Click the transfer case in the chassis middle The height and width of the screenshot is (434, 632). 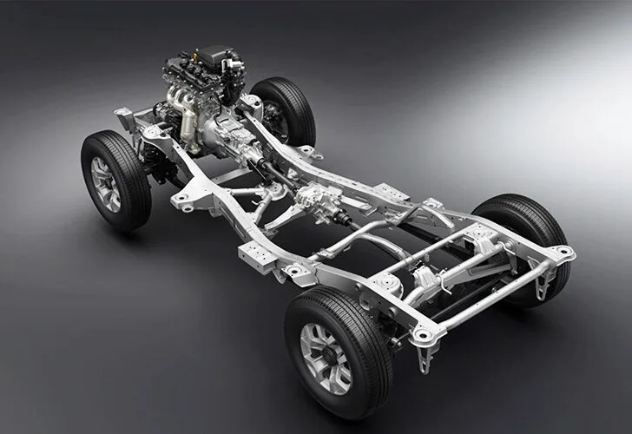click(x=319, y=201)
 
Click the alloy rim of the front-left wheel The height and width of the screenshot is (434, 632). click(x=107, y=183)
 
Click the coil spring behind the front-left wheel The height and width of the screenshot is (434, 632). click(x=155, y=161)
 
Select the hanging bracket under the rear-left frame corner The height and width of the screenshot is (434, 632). click(x=424, y=356)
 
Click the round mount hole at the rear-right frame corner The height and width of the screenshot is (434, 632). click(x=562, y=253)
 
